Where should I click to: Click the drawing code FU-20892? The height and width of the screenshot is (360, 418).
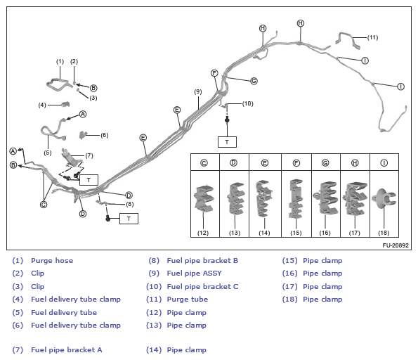click(x=396, y=245)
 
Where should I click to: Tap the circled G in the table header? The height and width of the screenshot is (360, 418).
click(x=325, y=163)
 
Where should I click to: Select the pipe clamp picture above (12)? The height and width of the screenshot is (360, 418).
click(x=204, y=198)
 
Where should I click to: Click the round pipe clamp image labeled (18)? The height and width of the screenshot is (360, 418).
click(x=384, y=199)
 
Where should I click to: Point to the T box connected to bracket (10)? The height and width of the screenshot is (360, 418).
click(x=227, y=142)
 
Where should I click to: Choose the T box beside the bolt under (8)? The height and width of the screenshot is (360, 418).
click(x=129, y=219)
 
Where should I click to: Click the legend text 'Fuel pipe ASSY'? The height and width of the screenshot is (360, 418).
click(x=194, y=274)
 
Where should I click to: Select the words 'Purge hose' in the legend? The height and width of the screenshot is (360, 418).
click(x=52, y=260)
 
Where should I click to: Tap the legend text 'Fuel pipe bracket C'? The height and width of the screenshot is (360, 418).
click(x=202, y=286)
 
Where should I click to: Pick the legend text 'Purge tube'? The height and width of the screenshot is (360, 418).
click(x=188, y=299)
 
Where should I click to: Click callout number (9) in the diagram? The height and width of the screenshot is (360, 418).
click(x=198, y=92)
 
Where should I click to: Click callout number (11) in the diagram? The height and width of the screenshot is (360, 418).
click(x=372, y=38)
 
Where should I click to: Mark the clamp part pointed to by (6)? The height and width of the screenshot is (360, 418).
click(x=84, y=135)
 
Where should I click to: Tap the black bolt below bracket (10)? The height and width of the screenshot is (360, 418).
click(x=227, y=120)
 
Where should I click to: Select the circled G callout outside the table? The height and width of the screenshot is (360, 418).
click(x=254, y=81)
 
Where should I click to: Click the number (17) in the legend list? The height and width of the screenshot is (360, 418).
click(x=289, y=286)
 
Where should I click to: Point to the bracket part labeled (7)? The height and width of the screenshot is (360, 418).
click(x=72, y=159)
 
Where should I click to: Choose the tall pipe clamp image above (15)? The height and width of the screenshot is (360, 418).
click(x=296, y=198)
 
